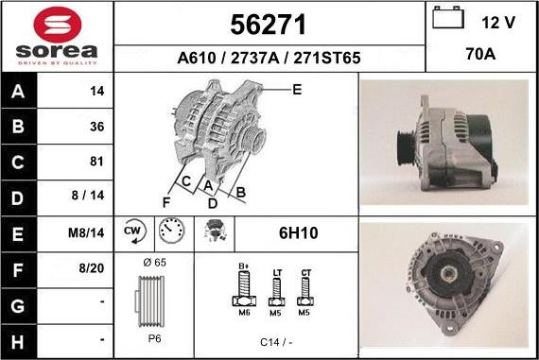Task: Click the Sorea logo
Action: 57,36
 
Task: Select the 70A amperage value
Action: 481,55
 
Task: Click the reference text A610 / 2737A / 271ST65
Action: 269,58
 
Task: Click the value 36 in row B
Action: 96,126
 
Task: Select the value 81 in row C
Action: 96,161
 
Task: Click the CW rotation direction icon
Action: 132,231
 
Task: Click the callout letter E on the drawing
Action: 296,90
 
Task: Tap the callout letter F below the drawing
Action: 166,200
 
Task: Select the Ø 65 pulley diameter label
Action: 154,261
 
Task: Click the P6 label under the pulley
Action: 153,337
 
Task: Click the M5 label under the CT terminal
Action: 305,311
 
